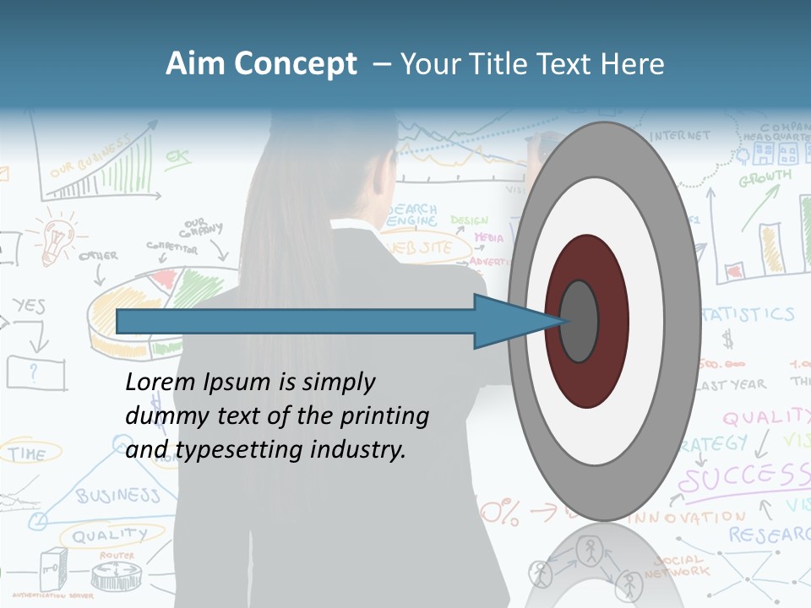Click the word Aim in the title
[196, 64]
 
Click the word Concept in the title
[294, 65]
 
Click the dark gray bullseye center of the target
[580, 321]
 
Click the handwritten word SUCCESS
[743, 478]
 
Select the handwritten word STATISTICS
[748, 315]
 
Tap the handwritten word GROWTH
[765, 179]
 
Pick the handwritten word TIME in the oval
[27, 454]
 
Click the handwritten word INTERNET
[681, 135]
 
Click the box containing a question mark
[35, 372]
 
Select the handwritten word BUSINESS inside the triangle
[118, 495]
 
